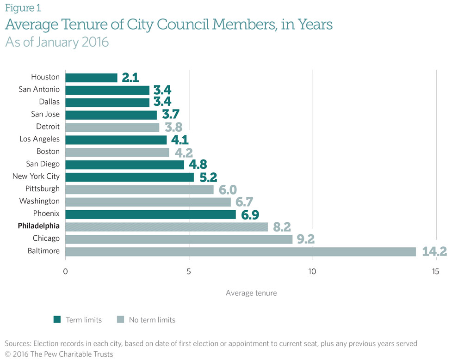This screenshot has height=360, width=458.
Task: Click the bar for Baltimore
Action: click(x=241, y=251)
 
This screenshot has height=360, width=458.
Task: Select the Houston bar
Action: click(x=92, y=77)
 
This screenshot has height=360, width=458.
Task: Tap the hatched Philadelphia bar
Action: click(x=167, y=226)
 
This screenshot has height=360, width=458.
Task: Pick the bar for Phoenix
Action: click(x=150, y=214)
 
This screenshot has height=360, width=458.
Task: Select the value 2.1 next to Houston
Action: click(x=130, y=77)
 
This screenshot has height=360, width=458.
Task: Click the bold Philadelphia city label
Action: click(x=39, y=226)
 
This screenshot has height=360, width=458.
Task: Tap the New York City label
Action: click(x=36, y=177)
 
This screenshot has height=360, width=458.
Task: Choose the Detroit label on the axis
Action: click(x=48, y=127)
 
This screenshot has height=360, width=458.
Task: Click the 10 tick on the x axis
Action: click(x=312, y=271)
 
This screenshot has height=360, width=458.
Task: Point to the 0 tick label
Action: click(x=65, y=271)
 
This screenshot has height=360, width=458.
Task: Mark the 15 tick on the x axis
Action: click(x=436, y=271)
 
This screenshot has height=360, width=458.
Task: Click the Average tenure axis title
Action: click(x=251, y=293)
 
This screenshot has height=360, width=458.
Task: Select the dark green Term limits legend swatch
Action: click(x=57, y=319)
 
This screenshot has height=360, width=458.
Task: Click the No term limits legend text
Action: click(x=152, y=319)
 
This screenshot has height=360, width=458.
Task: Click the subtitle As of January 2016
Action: click(x=57, y=42)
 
